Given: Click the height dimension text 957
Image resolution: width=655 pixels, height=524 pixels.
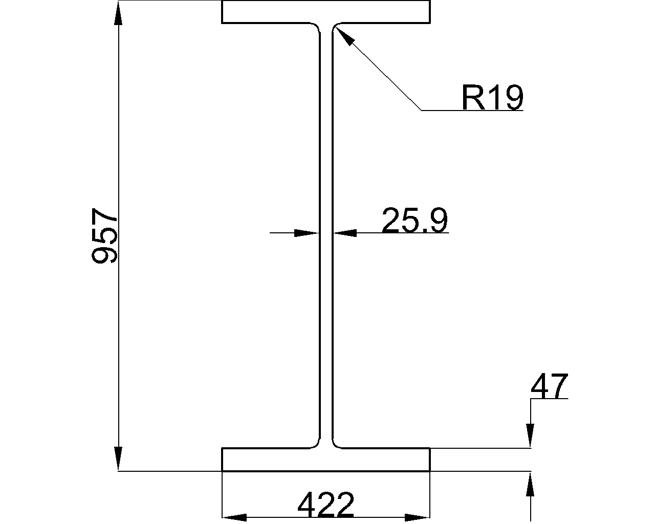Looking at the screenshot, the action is (x=104, y=235).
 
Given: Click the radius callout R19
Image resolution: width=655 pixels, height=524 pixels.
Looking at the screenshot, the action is (x=492, y=98).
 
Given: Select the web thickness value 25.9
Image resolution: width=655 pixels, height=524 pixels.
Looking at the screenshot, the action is (x=414, y=221).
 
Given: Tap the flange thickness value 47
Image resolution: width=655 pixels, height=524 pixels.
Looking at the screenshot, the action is (x=549, y=386).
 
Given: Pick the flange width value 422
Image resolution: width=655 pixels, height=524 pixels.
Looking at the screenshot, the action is (x=325, y=506).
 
